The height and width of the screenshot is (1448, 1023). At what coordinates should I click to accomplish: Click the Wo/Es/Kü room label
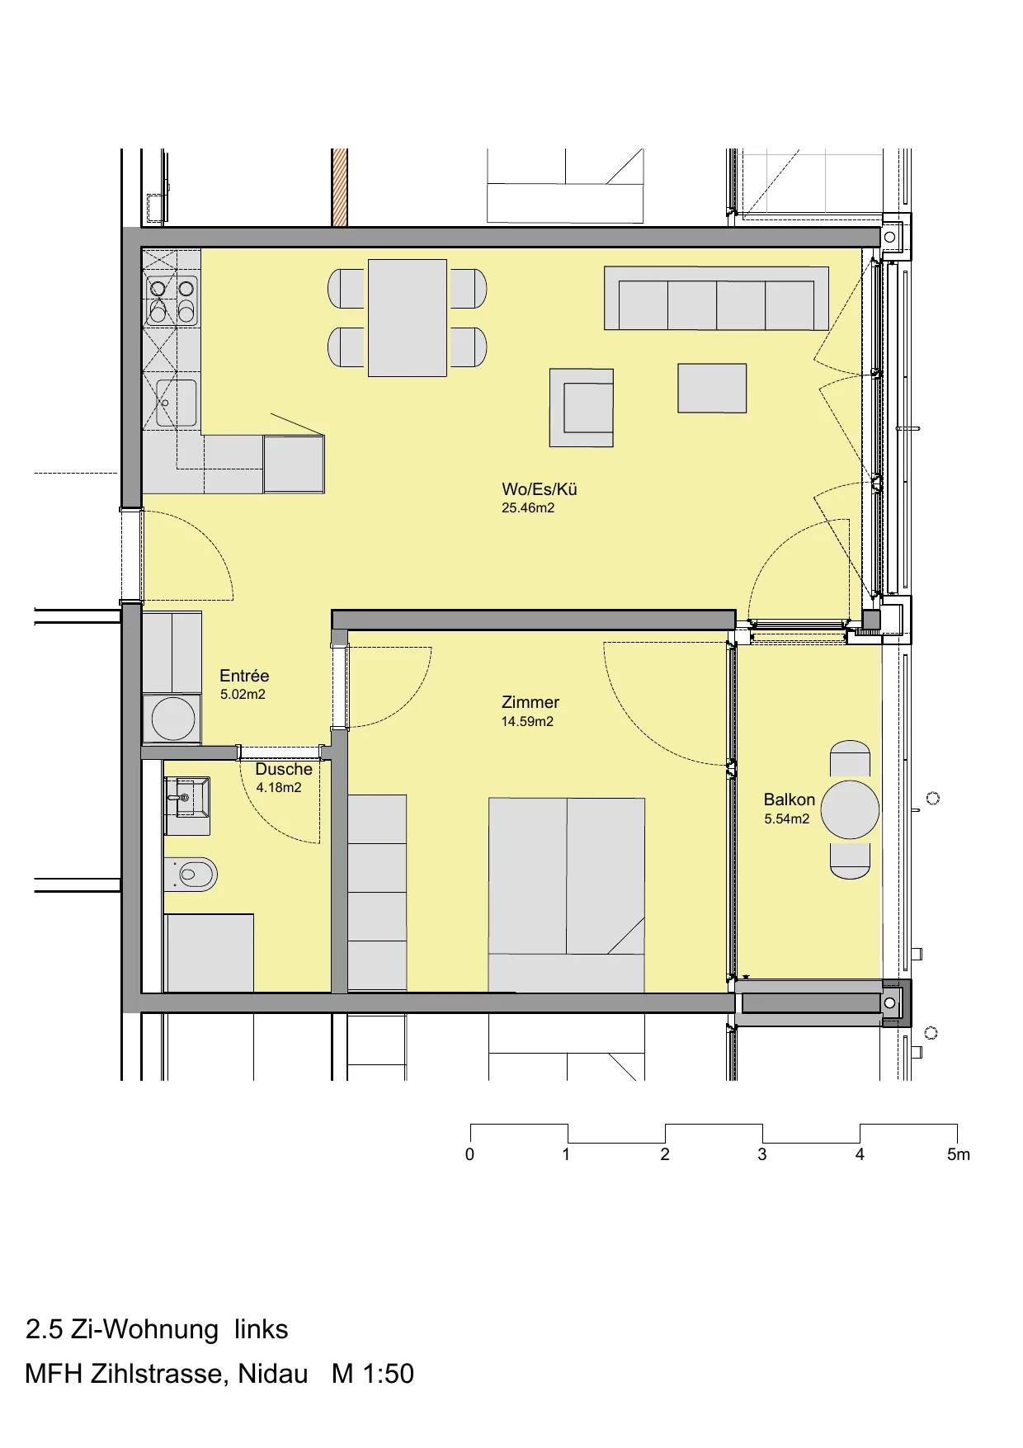tap(540, 489)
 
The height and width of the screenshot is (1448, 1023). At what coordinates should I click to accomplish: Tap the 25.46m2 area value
tap(528, 508)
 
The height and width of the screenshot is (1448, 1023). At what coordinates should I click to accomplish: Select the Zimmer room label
tap(530, 702)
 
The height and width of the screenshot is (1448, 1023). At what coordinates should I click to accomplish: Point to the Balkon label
tap(790, 799)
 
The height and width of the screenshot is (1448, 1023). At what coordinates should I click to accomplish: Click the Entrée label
tap(244, 676)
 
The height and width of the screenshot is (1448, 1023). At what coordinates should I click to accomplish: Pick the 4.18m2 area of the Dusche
tap(279, 788)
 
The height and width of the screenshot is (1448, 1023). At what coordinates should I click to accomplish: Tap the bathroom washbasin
tap(187, 797)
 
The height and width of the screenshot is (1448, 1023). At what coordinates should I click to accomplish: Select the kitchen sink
tap(175, 403)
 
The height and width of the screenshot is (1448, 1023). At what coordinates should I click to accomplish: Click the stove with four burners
tap(172, 300)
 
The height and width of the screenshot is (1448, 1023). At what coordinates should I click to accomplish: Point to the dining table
tap(408, 318)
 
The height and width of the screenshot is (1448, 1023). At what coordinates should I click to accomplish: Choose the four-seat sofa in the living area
tap(716, 298)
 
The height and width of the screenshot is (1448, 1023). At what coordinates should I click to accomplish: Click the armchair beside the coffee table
tap(582, 408)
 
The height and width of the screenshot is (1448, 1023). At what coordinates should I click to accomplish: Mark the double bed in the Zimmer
tap(566, 894)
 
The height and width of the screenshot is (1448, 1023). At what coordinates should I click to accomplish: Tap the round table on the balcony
tap(850, 809)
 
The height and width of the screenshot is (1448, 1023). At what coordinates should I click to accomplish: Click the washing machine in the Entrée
tap(172, 719)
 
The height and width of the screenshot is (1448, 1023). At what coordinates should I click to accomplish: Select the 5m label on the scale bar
tap(959, 1154)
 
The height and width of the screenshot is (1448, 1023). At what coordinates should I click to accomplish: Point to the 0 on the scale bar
tap(469, 1154)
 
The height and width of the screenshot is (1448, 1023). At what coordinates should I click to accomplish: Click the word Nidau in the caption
tap(273, 1374)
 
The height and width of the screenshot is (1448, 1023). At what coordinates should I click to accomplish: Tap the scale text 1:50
tap(388, 1374)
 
